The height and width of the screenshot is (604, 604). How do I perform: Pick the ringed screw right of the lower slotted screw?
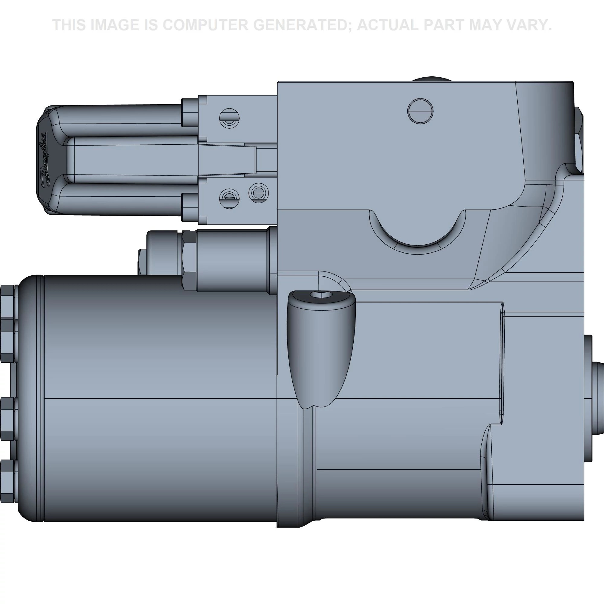[x=258, y=193]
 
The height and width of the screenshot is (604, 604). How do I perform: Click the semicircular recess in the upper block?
[x=417, y=230]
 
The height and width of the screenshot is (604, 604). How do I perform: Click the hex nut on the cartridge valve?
[x=189, y=261]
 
